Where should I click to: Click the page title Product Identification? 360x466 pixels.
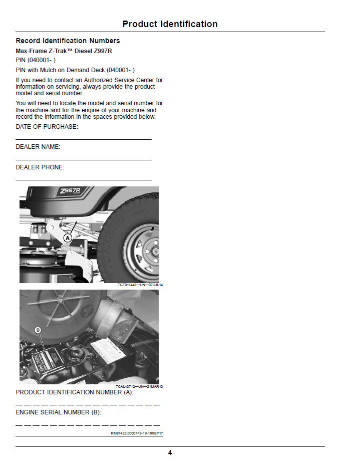point(170,24)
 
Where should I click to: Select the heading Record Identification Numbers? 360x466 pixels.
point(68,41)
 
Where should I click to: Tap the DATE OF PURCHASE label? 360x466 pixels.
point(47,127)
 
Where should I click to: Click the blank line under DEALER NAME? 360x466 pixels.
point(84,160)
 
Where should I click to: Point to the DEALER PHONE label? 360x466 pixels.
point(40,167)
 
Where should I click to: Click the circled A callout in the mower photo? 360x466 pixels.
point(68,238)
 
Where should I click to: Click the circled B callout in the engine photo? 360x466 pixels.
point(38,330)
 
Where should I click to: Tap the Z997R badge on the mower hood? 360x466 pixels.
point(71,190)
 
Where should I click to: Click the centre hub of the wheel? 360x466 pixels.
point(155,252)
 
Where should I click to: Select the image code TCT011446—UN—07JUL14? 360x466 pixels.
point(140,285)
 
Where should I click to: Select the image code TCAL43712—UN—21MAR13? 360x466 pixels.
point(139,387)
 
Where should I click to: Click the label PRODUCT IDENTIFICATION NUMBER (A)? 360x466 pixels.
point(74,392)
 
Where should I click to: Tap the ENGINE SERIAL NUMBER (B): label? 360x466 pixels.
point(58,412)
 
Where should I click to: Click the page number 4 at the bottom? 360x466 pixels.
point(170,452)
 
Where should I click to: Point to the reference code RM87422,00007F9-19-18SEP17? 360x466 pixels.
point(137,433)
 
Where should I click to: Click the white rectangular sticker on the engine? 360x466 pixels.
point(107,351)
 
